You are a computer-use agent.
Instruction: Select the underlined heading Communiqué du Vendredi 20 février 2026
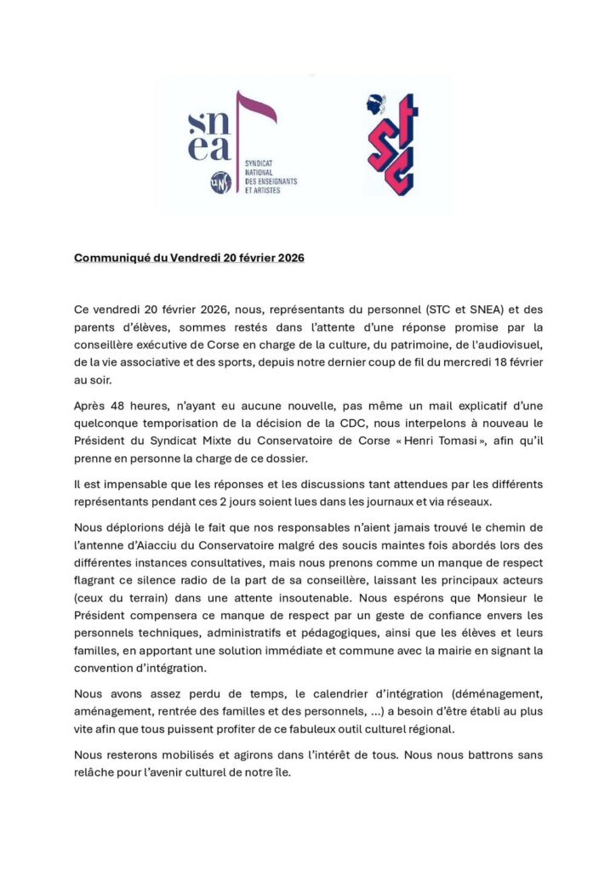189,258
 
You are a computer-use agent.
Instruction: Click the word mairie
422,651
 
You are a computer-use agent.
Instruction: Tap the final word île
280,773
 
